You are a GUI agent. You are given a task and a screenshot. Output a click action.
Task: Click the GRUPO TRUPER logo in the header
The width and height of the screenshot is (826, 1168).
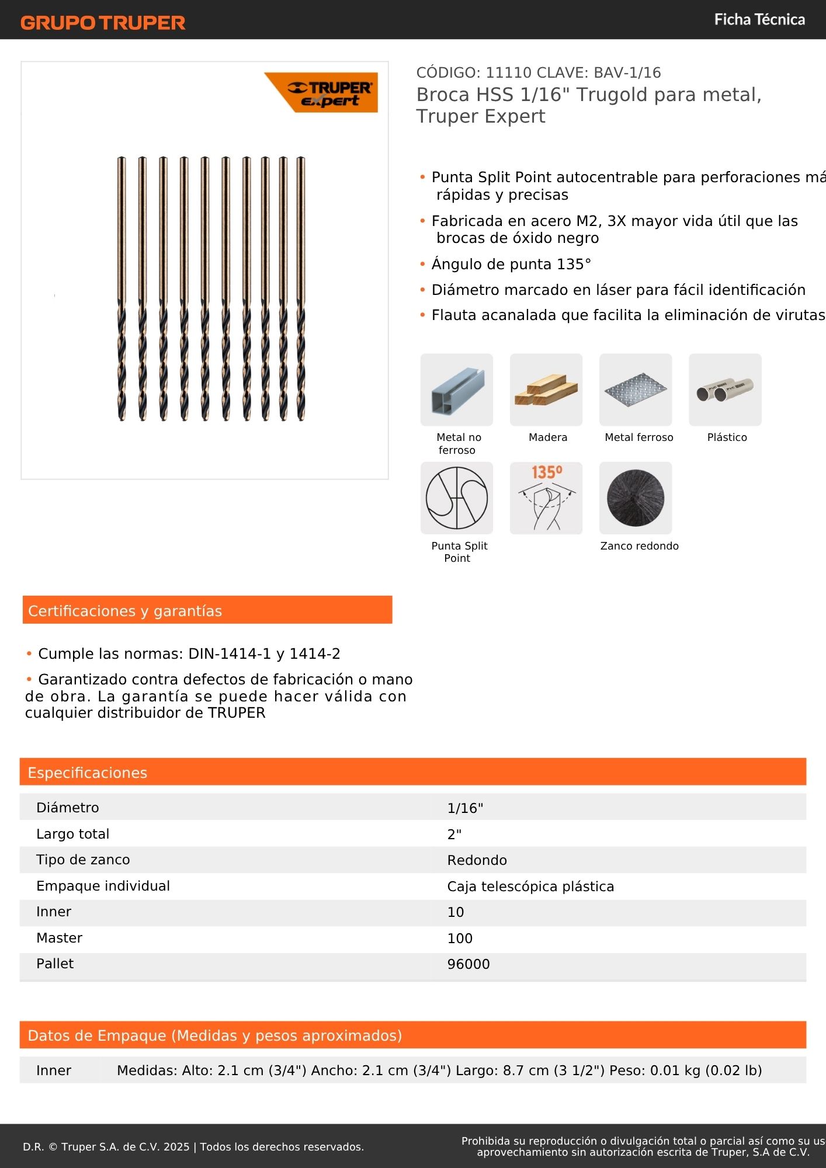coord(103,23)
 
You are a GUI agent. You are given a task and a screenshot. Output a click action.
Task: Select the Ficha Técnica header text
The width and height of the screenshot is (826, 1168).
coord(759,20)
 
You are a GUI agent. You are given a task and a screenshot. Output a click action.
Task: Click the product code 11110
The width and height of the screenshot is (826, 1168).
coord(508,73)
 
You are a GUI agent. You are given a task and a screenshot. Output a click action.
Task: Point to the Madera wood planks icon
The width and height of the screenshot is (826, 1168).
coord(546,390)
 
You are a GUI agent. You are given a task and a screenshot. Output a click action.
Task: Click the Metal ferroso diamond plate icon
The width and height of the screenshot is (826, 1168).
coord(635,390)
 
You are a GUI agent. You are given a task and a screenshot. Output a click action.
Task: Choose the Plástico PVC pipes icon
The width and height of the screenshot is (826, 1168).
coord(725,390)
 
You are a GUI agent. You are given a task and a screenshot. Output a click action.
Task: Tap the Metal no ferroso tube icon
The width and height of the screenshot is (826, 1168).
coord(456,390)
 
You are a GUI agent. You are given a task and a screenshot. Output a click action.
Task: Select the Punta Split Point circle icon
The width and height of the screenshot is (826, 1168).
coord(456,498)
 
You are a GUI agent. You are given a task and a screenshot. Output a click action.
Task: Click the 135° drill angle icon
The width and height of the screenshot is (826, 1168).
coord(546,498)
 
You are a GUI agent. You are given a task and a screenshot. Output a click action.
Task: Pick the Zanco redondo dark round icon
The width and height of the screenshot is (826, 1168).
coord(635,498)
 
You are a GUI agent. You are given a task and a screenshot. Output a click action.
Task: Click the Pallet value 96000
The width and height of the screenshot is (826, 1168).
coord(468,964)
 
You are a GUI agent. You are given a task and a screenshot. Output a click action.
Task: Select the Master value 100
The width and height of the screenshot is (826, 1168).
coord(460,938)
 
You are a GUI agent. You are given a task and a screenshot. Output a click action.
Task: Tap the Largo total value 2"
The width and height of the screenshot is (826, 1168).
coord(454,835)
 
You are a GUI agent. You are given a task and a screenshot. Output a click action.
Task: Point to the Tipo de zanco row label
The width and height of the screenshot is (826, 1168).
coord(83,860)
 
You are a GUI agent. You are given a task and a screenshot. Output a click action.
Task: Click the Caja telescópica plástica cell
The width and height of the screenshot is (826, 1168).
coord(530,887)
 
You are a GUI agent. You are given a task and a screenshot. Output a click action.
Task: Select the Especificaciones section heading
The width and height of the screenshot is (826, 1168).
coord(88,773)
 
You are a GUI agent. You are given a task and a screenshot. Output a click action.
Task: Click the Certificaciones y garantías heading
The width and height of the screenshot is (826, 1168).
coord(125,611)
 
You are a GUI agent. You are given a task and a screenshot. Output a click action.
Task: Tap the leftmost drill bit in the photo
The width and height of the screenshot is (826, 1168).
coord(122,288)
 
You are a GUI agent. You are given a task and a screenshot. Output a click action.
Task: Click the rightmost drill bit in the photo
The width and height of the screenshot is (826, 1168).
coord(300,288)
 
